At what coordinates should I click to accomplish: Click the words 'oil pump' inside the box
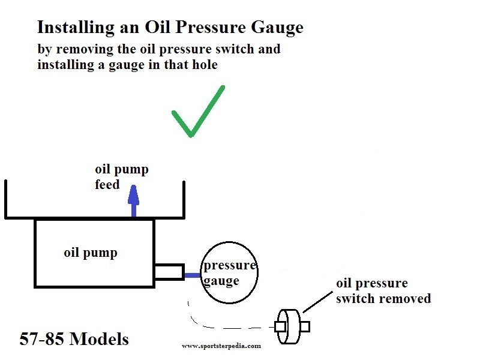click(x=91, y=253)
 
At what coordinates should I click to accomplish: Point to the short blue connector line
click(x=193, y=275)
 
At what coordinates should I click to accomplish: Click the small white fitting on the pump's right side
click(x=169, y=272)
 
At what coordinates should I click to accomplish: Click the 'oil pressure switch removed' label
click(x=383, y=291)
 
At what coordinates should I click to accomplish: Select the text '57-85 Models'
click(x=74, y=339)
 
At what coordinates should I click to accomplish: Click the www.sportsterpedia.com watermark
click(x=221, y=346)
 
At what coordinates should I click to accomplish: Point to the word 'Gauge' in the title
click(x=277, y=28)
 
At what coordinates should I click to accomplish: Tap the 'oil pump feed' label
click(x=122, y=177)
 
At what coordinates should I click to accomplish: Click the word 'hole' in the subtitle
click(x=205, y=65)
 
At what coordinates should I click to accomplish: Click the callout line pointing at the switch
click(x=317, y=302)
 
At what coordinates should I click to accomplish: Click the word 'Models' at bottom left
click(x=99, y=339)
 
